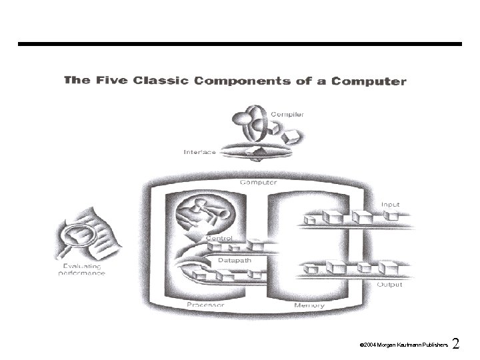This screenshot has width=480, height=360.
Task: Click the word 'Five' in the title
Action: point(107,81)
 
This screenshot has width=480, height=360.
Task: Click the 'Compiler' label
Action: point(287,114)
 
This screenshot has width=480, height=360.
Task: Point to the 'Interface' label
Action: point(200,152)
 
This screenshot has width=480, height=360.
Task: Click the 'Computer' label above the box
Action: point(258,181)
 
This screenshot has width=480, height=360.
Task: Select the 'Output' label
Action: point(390,284)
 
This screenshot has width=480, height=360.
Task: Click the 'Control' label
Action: point(219,238)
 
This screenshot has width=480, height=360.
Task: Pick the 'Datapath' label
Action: point(235,260)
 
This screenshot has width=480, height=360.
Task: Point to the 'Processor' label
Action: point(205,306)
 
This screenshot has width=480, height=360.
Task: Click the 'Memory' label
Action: point(309,306)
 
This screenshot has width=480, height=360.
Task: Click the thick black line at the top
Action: point(240,44)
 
